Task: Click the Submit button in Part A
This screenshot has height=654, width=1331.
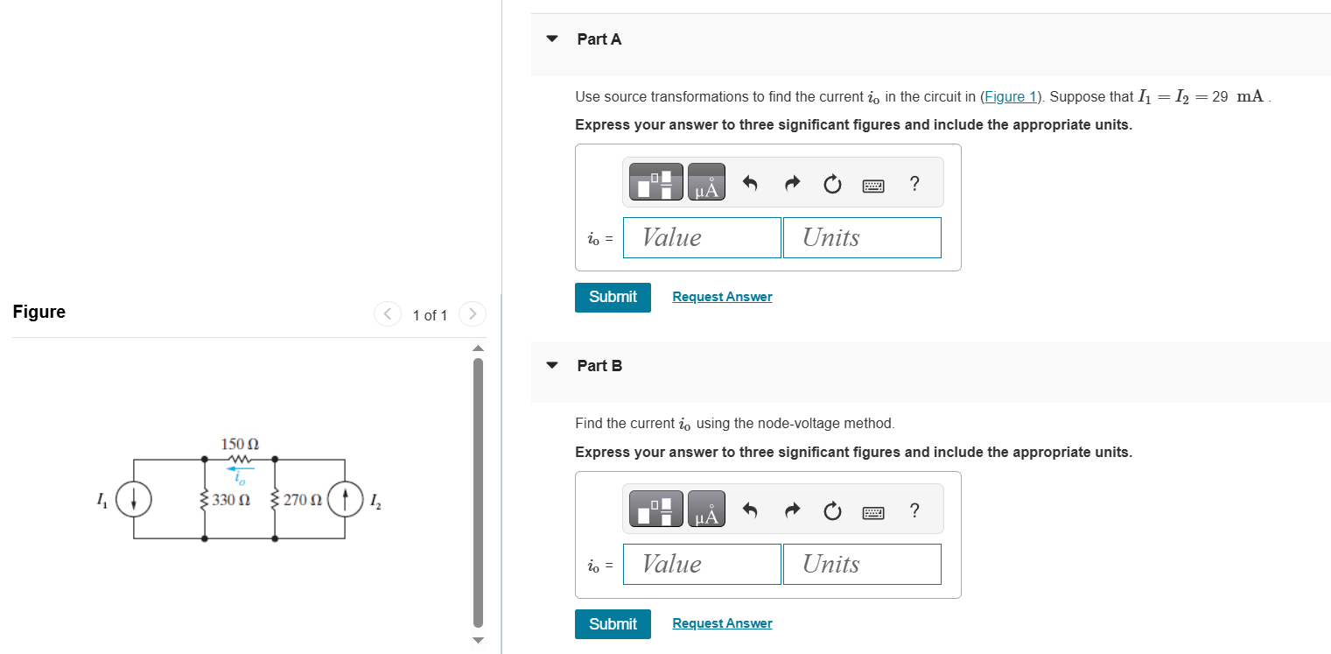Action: (613, 297)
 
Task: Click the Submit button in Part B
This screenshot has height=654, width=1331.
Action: (613, 623)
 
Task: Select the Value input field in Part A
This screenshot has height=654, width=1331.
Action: (702, 237)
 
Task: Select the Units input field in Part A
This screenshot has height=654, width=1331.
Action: (862, 237)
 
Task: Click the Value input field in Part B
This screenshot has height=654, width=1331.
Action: (702, 564)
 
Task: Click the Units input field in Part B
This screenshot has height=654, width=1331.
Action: (862, 564)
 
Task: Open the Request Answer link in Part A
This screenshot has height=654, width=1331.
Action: (722, 297)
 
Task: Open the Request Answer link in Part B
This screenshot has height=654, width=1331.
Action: (722, 623)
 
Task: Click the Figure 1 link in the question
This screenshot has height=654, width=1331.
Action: (1010, 96)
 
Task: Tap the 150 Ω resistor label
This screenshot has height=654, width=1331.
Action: (240, 444)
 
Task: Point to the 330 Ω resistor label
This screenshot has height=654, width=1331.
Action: (232, 501)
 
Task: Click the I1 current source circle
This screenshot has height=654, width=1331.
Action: (134, 498)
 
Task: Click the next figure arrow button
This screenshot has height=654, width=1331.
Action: (472, 313)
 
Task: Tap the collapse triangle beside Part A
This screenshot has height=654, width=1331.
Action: (551, 39)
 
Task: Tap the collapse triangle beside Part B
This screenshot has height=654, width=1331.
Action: (551, 366)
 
